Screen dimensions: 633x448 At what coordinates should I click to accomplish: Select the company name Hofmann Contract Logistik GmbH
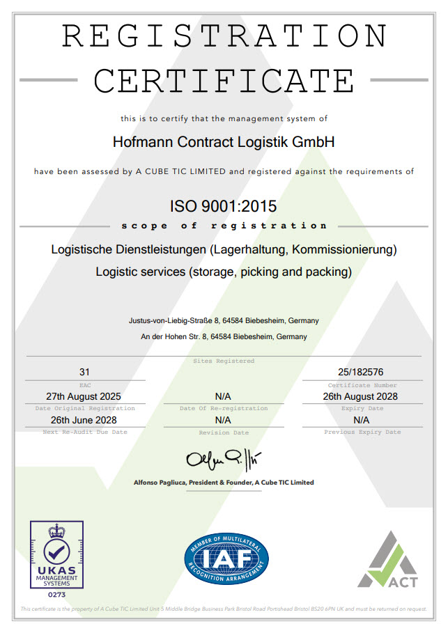click(224, 142)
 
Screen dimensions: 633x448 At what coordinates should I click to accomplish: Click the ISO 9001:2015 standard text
click(224, 207)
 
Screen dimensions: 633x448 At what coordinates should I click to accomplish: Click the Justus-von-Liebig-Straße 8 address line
click(224, 321)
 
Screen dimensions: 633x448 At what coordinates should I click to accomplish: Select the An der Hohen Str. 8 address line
click(224, 336)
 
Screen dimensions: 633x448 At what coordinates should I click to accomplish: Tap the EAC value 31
click(85, 373)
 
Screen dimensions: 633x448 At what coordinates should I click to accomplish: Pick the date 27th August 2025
click(85, 396)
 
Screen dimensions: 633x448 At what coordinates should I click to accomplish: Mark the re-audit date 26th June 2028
click(85, 420)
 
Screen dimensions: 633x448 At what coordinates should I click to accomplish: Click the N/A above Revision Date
click(224, 420)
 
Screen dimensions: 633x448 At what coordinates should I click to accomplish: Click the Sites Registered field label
click(224, 361)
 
